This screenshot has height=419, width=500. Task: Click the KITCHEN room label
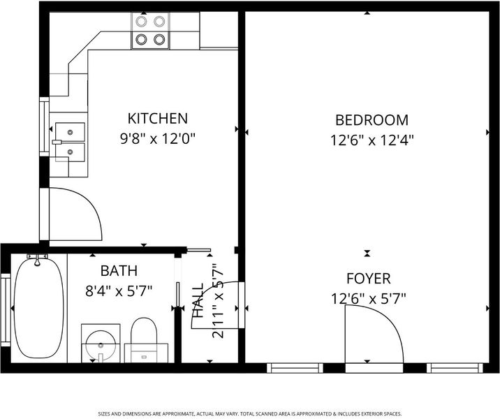point(158,118)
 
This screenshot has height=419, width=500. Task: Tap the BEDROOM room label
point(372,120)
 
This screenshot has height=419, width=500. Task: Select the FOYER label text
point(368,279)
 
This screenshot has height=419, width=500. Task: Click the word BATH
point(119,270)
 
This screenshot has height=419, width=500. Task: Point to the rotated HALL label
point(198,300)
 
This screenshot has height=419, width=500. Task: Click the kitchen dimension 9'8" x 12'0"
point(158,139)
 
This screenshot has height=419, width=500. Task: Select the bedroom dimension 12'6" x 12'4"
point(372,140)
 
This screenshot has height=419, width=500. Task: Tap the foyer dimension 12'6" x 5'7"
point(368,299)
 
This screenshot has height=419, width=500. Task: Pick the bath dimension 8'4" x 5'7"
point(119,291)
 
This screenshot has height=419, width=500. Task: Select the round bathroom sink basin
point(101,345)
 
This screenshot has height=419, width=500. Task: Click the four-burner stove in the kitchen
point(150,31)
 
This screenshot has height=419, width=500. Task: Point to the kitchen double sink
point(70,142)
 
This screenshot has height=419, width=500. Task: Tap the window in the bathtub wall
point(6,310)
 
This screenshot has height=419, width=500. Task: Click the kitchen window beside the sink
point(44,127)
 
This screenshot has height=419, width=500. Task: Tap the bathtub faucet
point(37,259)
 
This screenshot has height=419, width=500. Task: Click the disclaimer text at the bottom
point(250,413)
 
